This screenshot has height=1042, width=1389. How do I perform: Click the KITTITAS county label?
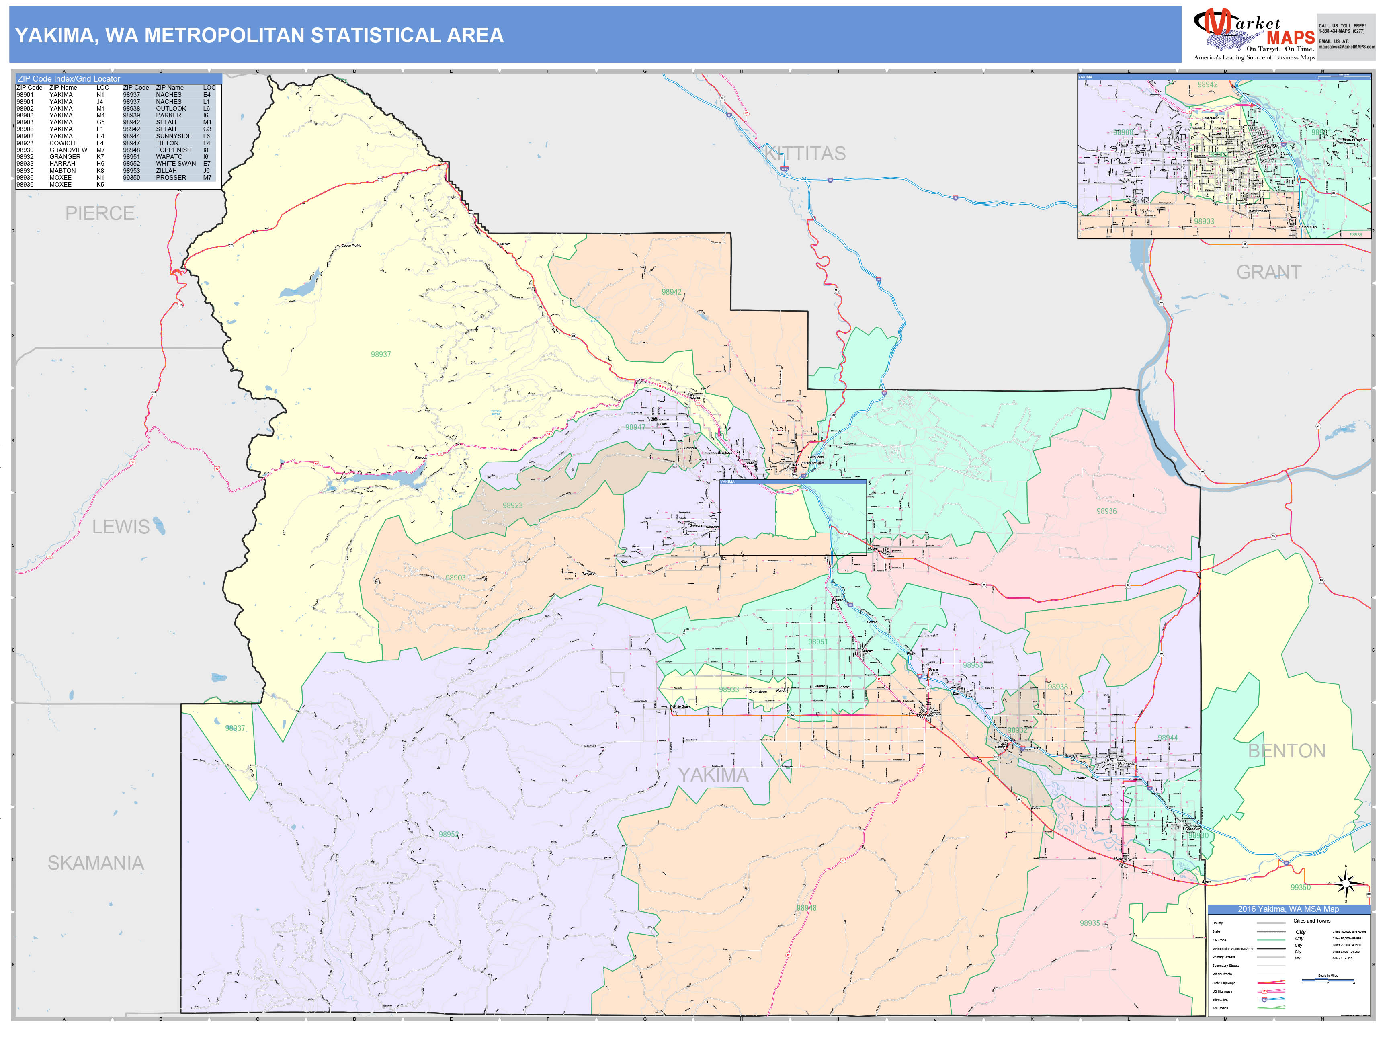[x=805, y=153]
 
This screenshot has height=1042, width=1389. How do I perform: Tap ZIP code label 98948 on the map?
[x=806, y=908]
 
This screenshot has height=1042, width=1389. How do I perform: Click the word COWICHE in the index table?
[x=64, y=143]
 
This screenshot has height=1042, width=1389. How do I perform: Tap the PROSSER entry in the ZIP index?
[x=171, y=178]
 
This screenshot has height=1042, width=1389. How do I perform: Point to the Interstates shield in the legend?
[x=1265, y=999]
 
